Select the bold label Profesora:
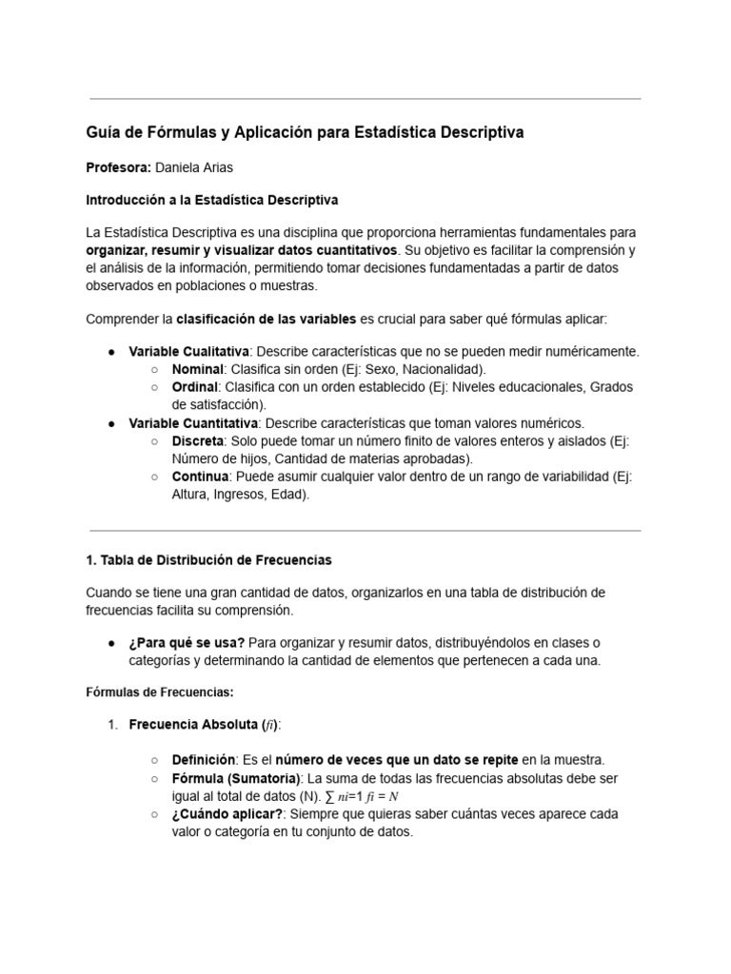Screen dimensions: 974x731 coord(118,167)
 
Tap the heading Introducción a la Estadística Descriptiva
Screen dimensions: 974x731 coord(211,201)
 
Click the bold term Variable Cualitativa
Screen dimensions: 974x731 coord(188,351)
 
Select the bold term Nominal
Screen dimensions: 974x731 coord(197,368)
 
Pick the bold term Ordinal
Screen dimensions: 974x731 coord(195,387)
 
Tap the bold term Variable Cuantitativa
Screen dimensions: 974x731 coord(193,422)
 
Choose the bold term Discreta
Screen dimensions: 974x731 coord(198,441)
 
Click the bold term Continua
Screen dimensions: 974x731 coord(200,476)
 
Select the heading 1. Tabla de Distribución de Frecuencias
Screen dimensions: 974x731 coord(208,559)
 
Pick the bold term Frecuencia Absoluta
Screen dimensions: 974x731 coord(195,725)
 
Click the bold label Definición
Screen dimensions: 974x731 coord(204,759)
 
